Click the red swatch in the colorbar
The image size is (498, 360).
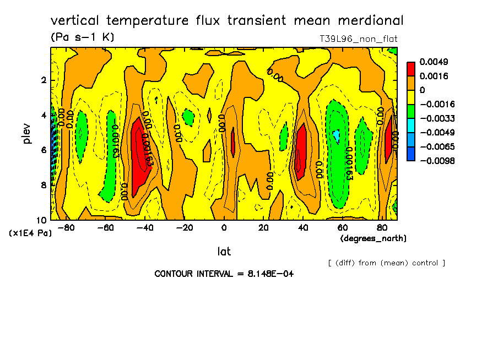point(411,69)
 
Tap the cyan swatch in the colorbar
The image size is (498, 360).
point(411,133)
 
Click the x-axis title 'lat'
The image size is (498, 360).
point(224,252)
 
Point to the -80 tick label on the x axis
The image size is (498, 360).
point(66,227)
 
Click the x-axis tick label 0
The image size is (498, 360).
point(224,227)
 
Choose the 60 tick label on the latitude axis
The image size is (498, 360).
point(342,227)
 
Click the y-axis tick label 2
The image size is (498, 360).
point(44,80)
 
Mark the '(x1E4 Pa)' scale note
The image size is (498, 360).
point(30,233)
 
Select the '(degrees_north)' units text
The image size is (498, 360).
point(373,238)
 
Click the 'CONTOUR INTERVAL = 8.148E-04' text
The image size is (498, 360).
point(224,274)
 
